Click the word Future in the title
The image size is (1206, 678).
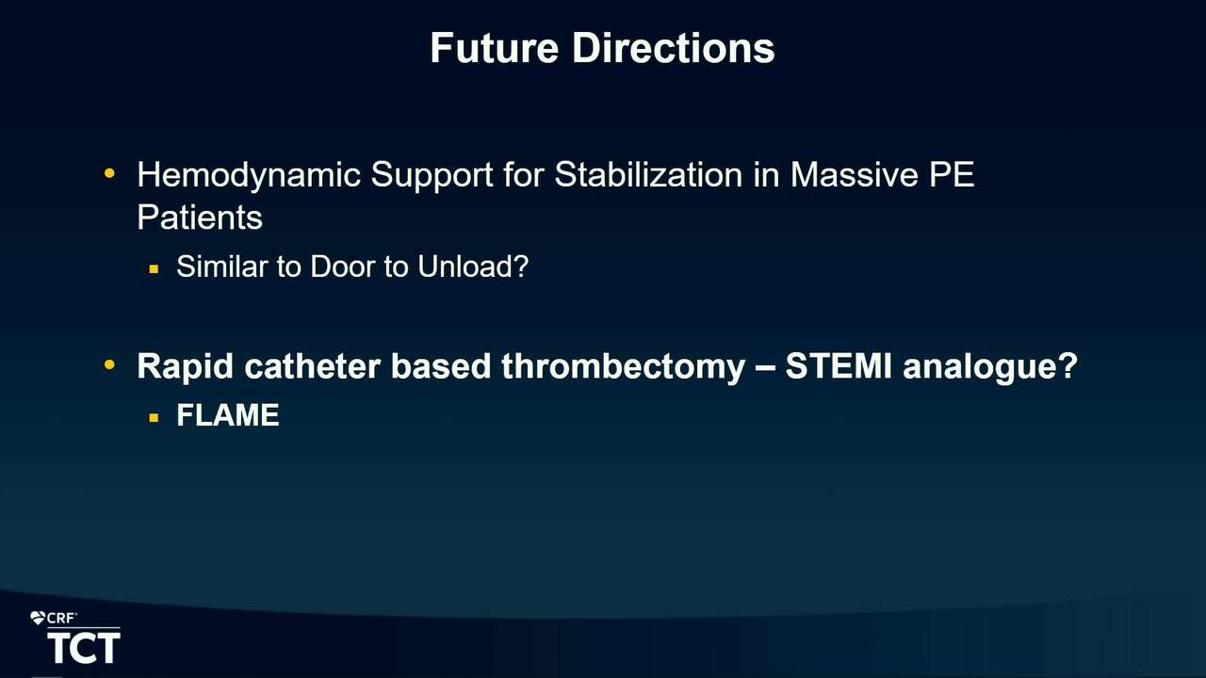[x=495, y=48]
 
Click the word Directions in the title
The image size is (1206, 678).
[x=674, y=48]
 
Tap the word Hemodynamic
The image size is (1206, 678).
[x=248, y=176]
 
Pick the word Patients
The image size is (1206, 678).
[x=200, y=218]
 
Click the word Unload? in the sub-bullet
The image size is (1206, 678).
[x=473, y=266]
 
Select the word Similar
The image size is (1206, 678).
[x=222, y=266]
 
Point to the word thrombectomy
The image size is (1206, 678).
[x=624, y=367]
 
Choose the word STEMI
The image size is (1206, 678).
[x=839, y=366]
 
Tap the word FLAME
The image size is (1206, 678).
[x=228, y=415]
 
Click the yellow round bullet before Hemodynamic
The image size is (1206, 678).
[x=109, y=173]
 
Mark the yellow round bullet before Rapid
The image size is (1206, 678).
[x=109, y=364]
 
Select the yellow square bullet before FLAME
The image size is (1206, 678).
[x=154, y=417]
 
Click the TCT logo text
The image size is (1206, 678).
[x=84, y=648]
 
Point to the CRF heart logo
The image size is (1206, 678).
[x=38, y=619]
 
